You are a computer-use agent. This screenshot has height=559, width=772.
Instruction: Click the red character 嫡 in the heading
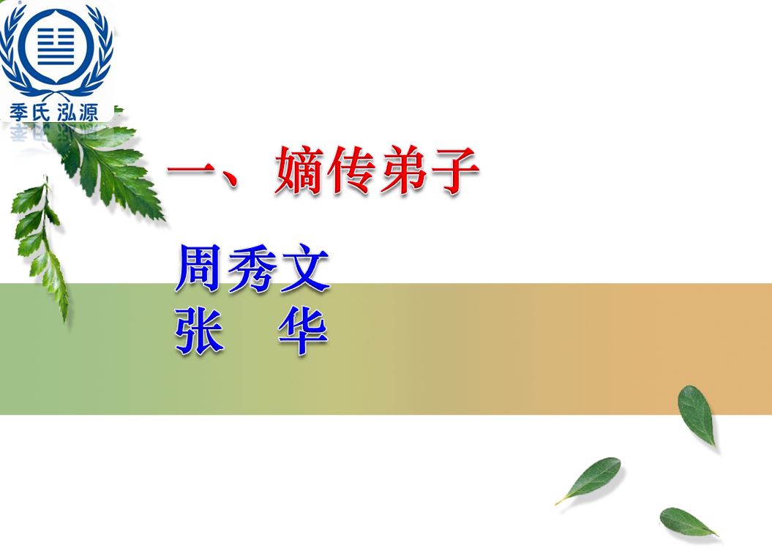(299, 170)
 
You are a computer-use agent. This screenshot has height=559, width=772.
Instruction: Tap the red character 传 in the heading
(351, 170)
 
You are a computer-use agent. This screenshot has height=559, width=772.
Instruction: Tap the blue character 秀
(252, 269)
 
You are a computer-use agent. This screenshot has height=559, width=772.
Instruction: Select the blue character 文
(304, 269)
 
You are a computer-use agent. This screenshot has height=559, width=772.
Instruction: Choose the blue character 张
(199, 331)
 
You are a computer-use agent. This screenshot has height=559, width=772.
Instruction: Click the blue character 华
(303, 331)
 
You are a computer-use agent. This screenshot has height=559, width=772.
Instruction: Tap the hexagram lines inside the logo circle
(56, 46)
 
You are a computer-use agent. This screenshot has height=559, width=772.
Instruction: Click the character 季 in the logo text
(20, 112)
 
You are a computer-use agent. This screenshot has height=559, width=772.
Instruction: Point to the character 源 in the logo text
(89, 112)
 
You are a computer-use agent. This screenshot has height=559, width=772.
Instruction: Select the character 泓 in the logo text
(67, 112)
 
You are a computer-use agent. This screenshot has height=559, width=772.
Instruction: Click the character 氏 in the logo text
(42, 112)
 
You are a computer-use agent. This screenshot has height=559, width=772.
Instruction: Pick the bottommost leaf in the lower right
(688, 522)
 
